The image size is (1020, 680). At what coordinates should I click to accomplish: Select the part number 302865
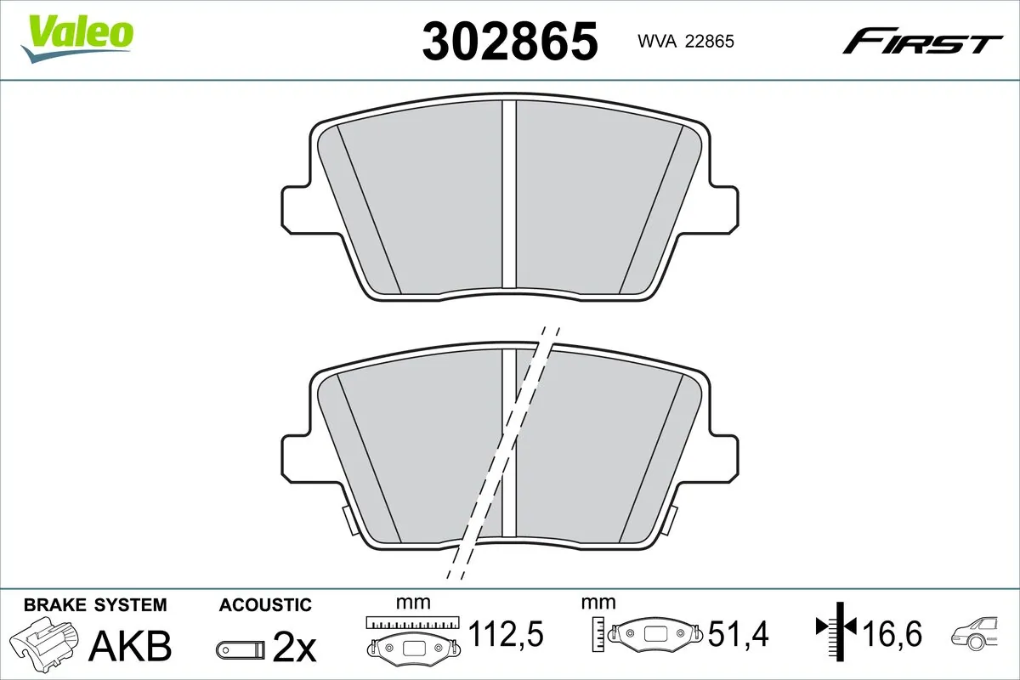[510, 42]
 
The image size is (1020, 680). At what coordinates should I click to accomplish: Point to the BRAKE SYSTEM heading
[94, 605]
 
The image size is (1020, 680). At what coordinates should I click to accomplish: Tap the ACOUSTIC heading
[265, 605]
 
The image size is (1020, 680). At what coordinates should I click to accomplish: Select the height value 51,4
[739, 633]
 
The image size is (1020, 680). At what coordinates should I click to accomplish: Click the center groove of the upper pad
[509, 195]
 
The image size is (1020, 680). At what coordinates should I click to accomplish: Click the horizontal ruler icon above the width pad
[412, 622]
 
